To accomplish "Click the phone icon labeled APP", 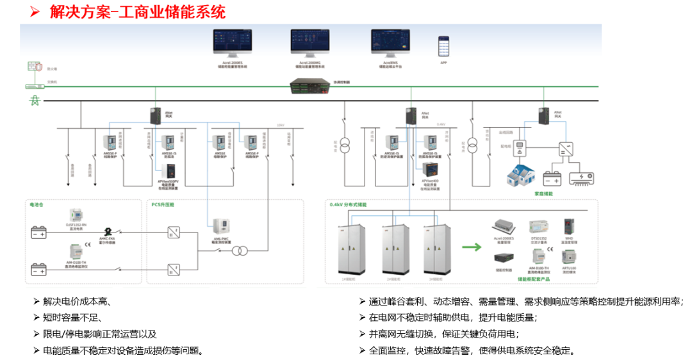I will (x=443, y=46).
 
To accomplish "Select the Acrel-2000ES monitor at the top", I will (x=232, y=42).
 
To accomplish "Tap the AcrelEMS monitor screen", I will (x=390, y=42).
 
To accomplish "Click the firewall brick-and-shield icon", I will (x=35, y=67).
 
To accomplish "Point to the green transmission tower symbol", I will (x=35, y=101).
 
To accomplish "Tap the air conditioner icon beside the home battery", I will (x=582, y=178).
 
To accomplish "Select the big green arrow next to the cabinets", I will (x=472, y=247).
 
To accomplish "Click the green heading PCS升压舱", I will (x=163, y=205).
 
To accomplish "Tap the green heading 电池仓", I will (x=37, y=205).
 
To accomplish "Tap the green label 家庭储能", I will (x=544, y=193).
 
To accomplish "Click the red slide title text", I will (x=137, y=12).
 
